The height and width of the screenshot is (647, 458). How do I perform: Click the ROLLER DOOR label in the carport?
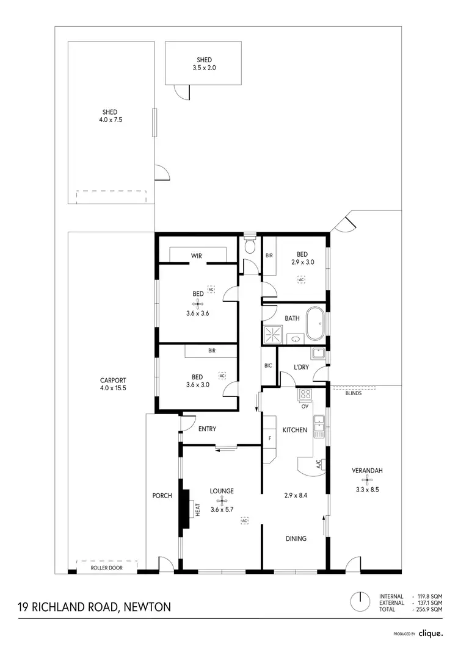(x=106, y=568)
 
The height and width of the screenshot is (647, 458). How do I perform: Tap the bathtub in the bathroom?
(x=316, y=324)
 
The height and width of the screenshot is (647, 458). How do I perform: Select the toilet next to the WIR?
(x=249, y=247)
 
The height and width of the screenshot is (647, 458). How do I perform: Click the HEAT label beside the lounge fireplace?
(x=198, y=509)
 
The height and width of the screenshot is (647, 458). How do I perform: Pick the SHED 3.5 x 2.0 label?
(x=204, y=64)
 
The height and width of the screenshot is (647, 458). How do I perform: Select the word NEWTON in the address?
(x=147, y=607)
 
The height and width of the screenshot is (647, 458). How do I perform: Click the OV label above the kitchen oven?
(x=304, y=406)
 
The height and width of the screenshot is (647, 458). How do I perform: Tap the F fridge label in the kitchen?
(x=269, y=438)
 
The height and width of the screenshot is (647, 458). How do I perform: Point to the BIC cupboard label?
(x=268, y=366)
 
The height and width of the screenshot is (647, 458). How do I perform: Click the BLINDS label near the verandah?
(x=354, y=394)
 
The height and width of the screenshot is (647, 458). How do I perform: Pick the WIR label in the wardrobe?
(x=197, y=256)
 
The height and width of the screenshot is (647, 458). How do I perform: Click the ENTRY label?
(x=207, y=429)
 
